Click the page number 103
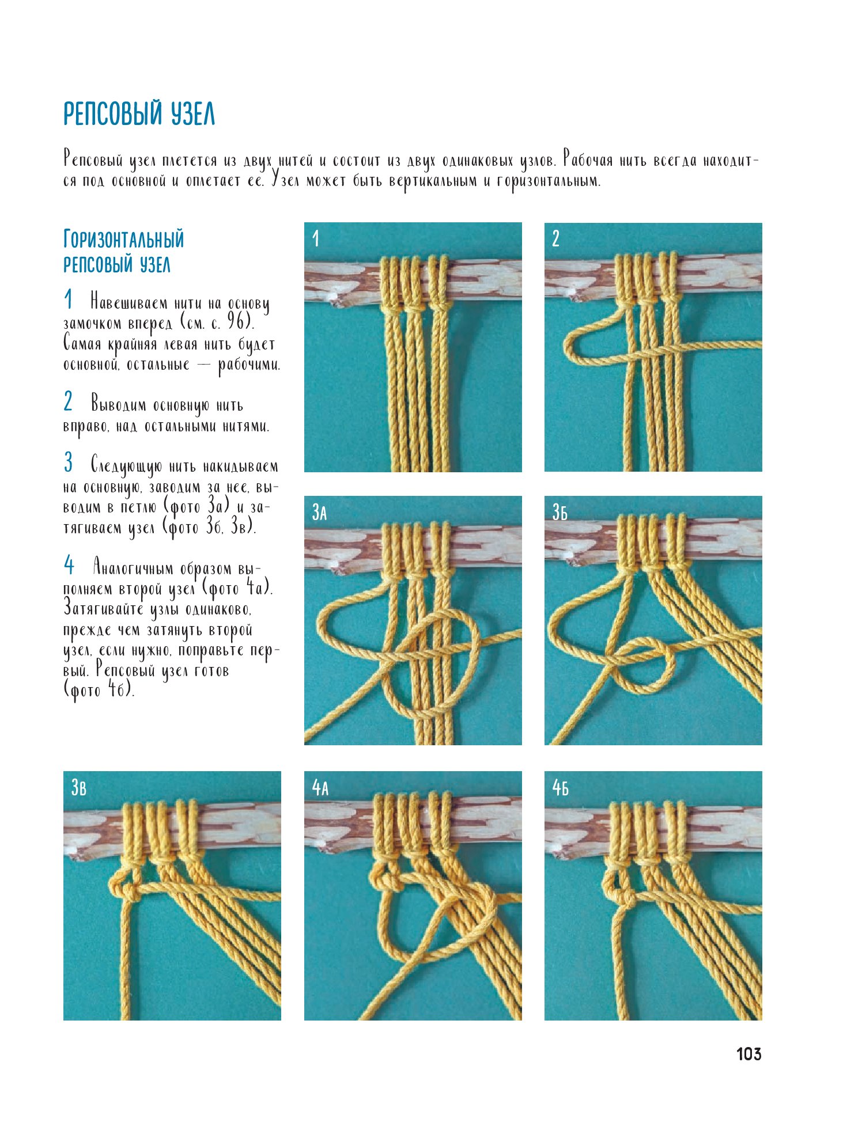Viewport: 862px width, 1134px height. pos(748,1054)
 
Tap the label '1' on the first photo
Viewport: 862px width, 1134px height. pos(315,238)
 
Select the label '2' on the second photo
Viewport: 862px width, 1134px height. pos(555,238)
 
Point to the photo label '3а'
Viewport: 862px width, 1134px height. pos(319,512)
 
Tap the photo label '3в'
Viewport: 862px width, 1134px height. pos(79,787)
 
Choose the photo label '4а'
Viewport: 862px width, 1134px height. pos(320,787)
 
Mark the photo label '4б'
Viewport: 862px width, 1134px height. pos(561,787)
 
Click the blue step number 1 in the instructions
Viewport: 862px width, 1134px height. pos(69,299)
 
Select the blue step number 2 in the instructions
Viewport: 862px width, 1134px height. pos(69,401)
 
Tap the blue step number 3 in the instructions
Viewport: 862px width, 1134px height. pos(69,462)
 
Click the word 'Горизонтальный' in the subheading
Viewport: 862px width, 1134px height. pos(123,239)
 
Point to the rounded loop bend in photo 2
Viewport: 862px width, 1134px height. pos(568,349)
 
